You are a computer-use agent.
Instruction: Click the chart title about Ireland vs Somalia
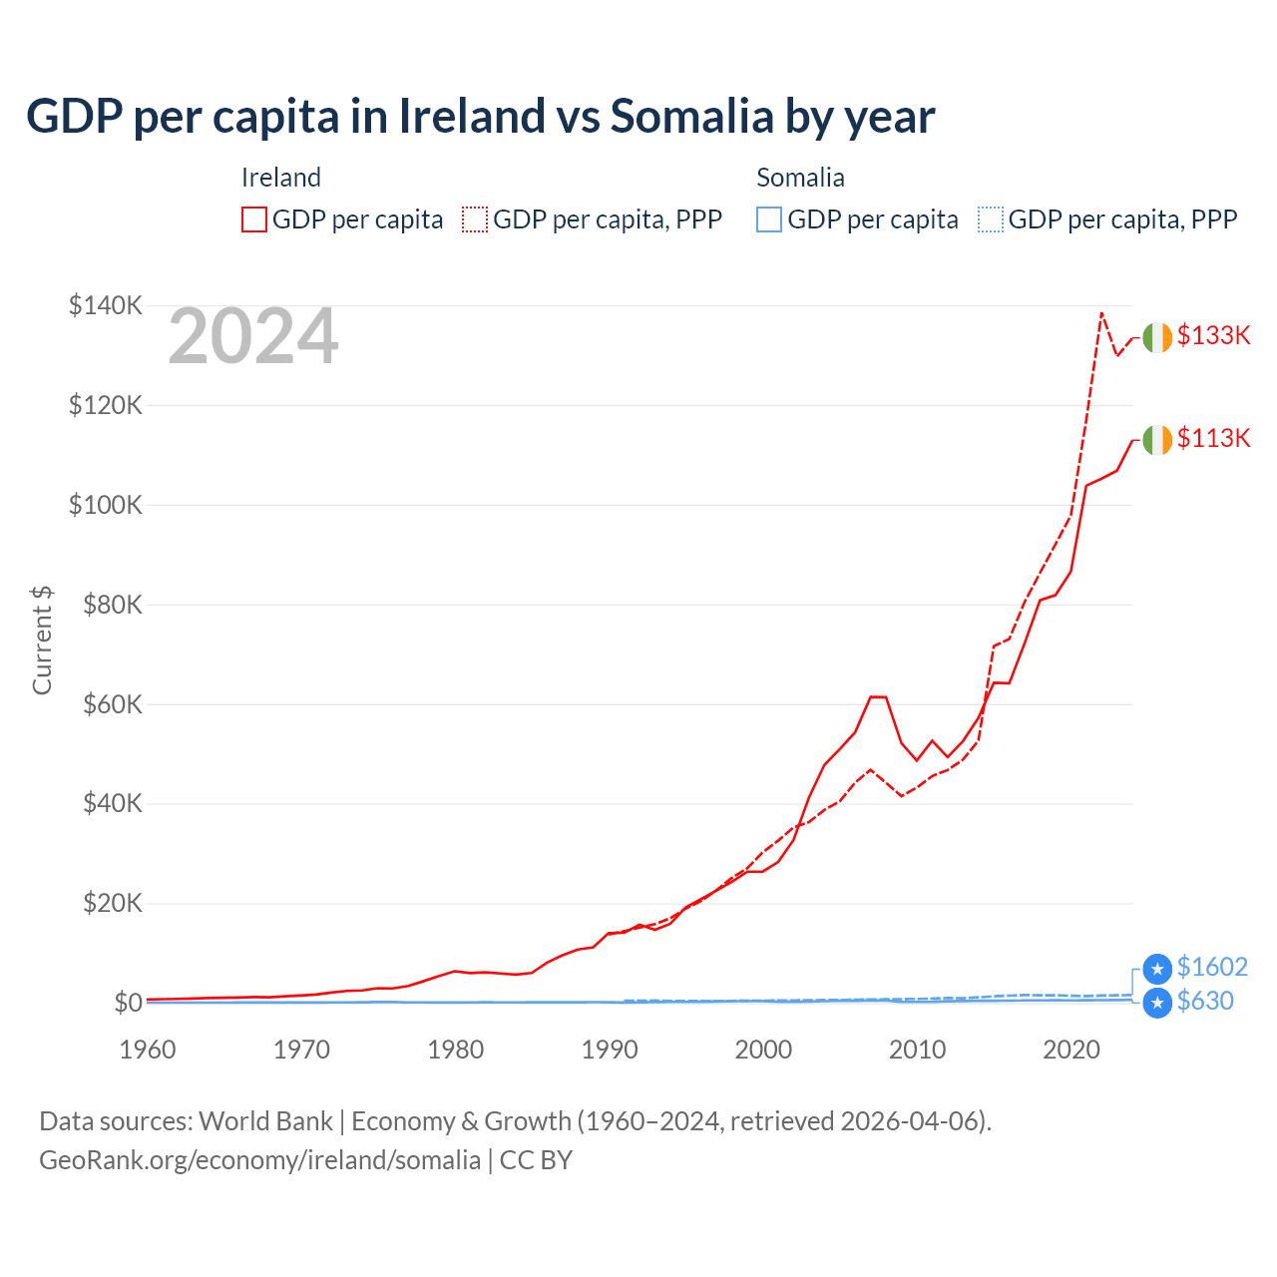coord(480,116)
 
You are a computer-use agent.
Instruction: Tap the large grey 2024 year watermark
coord(253,337)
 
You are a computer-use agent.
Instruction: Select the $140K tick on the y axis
coord(105,305)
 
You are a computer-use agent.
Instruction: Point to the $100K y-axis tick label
coord(105,505)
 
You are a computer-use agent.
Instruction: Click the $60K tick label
coord(112,704)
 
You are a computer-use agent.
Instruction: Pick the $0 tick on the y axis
coord(128,1003)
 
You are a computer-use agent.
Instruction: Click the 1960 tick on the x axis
coord(148,1050)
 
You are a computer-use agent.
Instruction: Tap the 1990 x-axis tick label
coord(610,1050)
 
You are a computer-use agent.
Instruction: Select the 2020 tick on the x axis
coord(1071,1050)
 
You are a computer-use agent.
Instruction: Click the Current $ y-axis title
coord(42,639)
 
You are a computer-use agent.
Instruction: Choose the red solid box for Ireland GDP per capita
coord(254,219)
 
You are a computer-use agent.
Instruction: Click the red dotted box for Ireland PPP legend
coord(475,219)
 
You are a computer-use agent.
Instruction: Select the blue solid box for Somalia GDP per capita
coord(769,219)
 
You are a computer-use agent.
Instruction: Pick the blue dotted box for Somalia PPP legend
coord(991,219)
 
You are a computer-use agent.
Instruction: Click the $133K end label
coord(1213,335)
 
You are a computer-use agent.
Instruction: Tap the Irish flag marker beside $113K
coord(1157,440)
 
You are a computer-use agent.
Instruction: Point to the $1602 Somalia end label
coord(1212,967)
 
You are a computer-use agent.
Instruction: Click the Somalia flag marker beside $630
coord(1157,1003)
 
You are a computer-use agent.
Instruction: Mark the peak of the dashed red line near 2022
coord(1101,312)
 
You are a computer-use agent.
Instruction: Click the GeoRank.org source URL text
coord(259,1160)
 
